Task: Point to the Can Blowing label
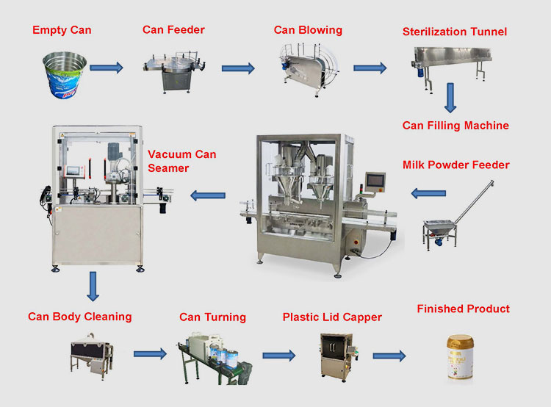[x=308, y=30]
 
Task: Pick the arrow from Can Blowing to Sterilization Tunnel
[x=370, y=68]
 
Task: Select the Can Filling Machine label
[x=455, y=126]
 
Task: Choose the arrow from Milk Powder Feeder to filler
[x=428, y=193]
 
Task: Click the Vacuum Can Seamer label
[x=181, y=162]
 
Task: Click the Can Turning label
[x=212, y=317]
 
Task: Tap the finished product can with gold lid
[x=460, y=358]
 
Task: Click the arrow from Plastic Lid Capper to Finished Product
[x=389, y=356]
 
